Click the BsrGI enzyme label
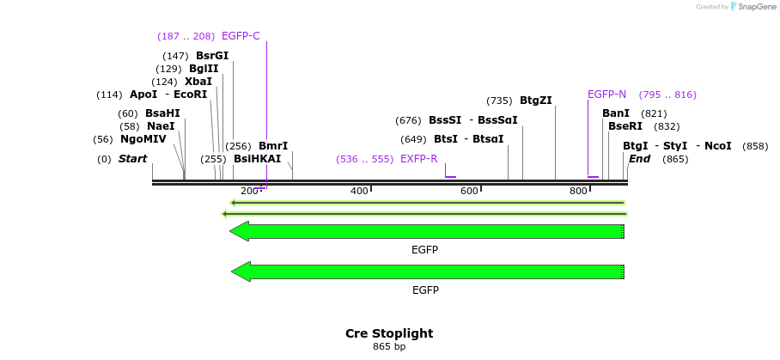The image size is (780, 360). pyautogui.click(x=212, y=56)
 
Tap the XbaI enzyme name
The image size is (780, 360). pyautogui.click(x=198, y=82)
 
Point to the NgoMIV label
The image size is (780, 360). pyautogui.click(x=143, y=139)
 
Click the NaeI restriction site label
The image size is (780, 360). pyautogui.click(x=161, y=126)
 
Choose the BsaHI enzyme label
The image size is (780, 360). pyautogui.click(x=162, y=113)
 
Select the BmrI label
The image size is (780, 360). pyautogui.click(x=273, y=146)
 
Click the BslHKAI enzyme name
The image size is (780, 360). pyautogui.click(x=257, y=159)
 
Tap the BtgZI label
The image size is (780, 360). pyautogui.click(x=536, y=101)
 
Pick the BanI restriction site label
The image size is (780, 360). pyautogui.click(x=616, y=113)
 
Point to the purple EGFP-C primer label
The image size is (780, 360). pyautogui.click(x=241, y=36)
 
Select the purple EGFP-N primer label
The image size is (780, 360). pyautogui.click(x=606, y=95)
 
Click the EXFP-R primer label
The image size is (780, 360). pyautogui.click(x=419, y=159)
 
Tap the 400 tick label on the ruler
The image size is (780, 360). pyautogui.click(x=359, y=191)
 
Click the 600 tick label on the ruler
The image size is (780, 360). pyautogui.click(x=469, y=191)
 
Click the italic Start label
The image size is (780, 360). pyautogui.click(x=132, y=159)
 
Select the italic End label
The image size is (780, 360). pyautogui.click(x=639, y=159)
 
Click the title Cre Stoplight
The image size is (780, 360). pyautogui.click(x=389, y=333)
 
